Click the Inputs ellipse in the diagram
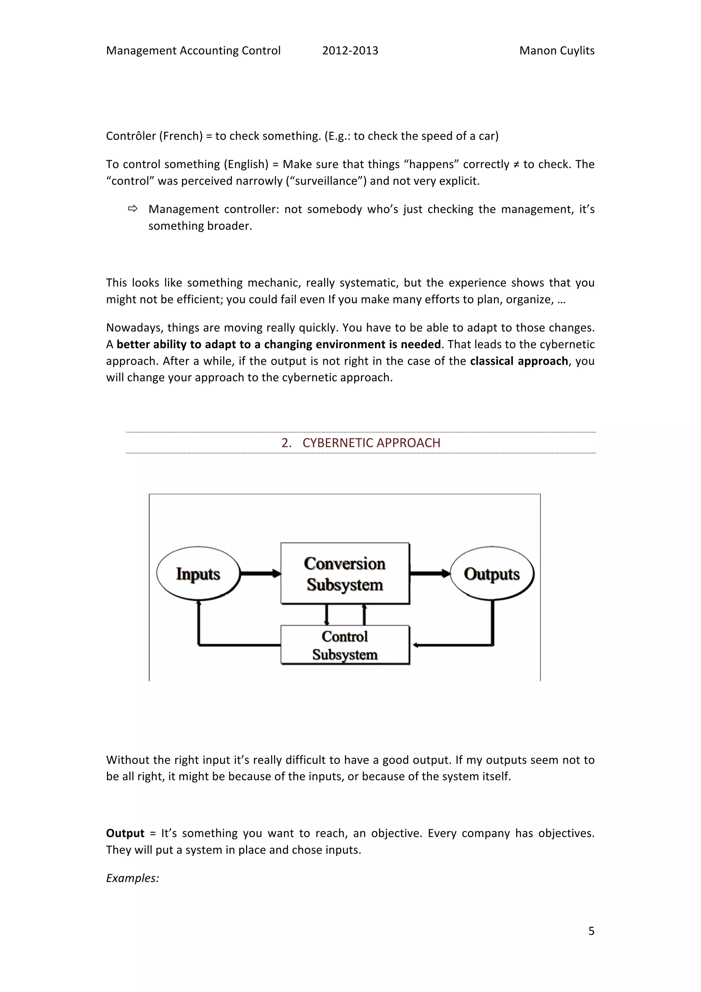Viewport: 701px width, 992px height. [x=198, y=574]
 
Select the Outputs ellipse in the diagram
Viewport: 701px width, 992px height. [x=492, y=574]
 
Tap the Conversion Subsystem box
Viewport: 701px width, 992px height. [x=345, y=573]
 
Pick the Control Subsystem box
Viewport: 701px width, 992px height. [x=345, y=645]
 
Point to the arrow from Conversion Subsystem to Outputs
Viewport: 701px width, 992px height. [x=429, y=574]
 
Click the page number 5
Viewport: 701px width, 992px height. [x=591, y=931]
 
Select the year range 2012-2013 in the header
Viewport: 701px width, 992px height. [x=350, y=51]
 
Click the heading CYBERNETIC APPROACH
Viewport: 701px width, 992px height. [x=371, y=443]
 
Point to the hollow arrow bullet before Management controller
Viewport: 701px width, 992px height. [x=132, y=209]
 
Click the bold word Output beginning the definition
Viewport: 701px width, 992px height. [x=125, y=833]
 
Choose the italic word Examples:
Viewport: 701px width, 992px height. [x=132, y=878]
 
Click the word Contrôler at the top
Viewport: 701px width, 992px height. [x=130, y=136]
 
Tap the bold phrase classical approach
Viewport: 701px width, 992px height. [x=519, y=361]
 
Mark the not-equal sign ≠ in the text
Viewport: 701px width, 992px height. [x=516, y=164]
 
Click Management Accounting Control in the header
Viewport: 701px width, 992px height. [x=193, y=51]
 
